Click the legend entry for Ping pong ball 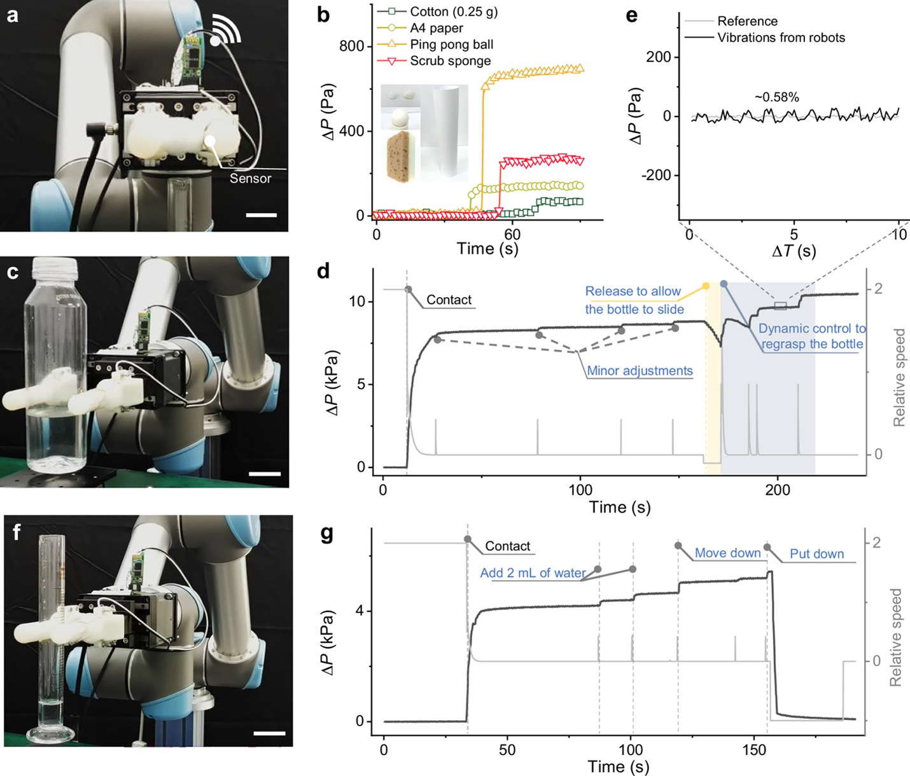[451, 45]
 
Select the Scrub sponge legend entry [450, 61]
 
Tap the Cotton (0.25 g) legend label [453, 11]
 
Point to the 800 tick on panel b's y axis [352, 46]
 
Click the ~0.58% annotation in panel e [776, 97]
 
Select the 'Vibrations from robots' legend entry [781, 38]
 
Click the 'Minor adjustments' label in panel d [640, 371]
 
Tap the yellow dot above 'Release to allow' [706, 286]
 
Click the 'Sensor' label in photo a [250, 179]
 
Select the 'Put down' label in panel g [816, 554]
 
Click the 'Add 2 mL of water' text [533, 573]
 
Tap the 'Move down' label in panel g [727, 553]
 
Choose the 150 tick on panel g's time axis [754, 749]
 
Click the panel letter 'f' [17, 531]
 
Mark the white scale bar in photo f [269, 733]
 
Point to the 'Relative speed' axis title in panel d [899, 377]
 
